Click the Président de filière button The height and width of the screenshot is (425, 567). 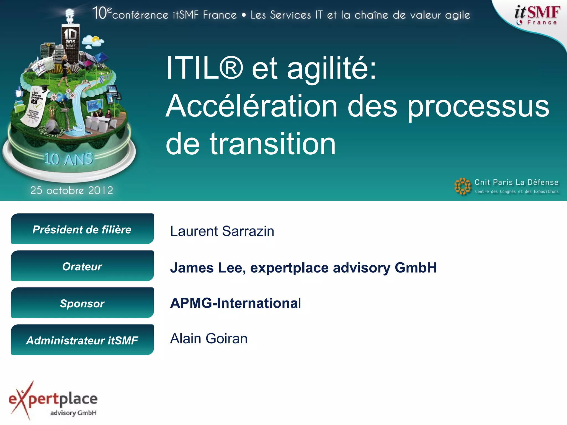(82, 229)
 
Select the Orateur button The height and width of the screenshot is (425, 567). (82, 266)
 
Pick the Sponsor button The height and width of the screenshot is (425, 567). (82, 303)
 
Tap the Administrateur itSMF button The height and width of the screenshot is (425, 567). (82, 340)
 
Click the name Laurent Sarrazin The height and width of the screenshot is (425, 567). (222, 231)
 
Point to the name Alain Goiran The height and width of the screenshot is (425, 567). (209, 338)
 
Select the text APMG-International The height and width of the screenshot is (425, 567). (235, 303)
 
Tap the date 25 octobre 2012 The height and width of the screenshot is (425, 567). (72, 190)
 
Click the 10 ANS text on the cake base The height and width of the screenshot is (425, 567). (68, 159)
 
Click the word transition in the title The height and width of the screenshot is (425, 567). (272, 144)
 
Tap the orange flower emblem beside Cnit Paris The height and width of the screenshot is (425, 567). (462, 186)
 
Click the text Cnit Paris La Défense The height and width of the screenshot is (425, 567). (516, 182)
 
